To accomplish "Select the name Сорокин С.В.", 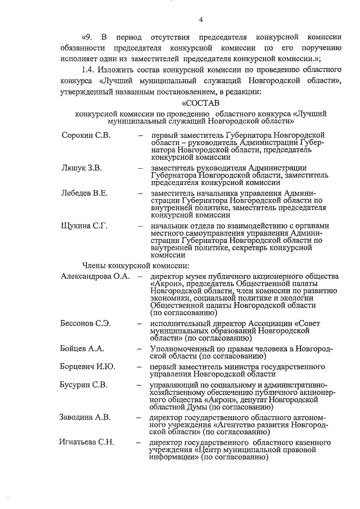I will [86, 136].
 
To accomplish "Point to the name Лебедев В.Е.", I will [84, 193].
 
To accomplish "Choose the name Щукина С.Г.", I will [84, 226].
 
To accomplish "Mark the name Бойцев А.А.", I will [82, 349].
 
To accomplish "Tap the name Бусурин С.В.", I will [84, 385].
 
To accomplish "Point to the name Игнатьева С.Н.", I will [87, 442].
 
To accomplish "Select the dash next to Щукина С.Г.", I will [139, 226].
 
